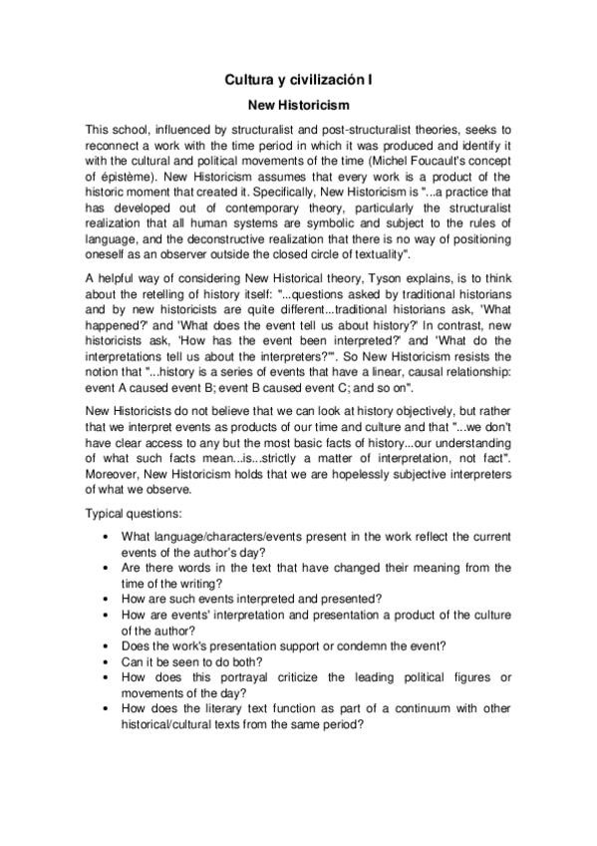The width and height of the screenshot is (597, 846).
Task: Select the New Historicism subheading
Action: [x=298, y=103]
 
